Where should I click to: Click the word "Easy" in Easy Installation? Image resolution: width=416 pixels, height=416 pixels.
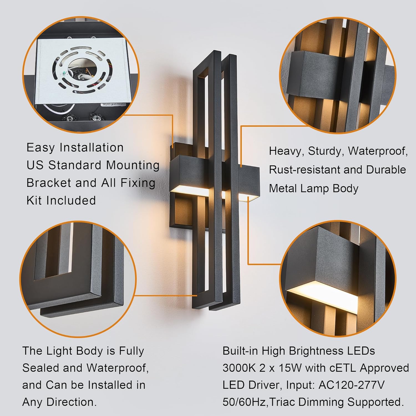point(40,148)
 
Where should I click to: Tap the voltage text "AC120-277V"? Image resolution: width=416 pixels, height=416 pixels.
point(351,385)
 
